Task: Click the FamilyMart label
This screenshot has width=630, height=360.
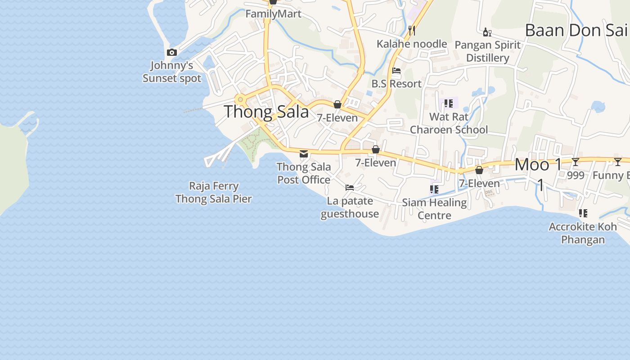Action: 273,14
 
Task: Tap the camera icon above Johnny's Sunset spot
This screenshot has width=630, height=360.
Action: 171,53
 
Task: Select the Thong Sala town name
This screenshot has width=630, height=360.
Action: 266,112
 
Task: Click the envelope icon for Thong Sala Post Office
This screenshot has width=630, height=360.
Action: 304,154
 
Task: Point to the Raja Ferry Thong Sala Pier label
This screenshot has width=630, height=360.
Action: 214,192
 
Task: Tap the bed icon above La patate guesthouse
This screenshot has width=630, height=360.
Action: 350,188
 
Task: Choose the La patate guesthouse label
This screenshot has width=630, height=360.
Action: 350,207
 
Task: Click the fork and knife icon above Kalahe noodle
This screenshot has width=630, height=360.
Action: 411,31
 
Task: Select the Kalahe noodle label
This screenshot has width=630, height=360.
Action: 412,44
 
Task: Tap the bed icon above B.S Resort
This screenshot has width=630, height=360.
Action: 396,71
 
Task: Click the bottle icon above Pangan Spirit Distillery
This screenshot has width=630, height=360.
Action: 487,32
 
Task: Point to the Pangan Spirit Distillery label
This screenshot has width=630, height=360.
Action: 488,51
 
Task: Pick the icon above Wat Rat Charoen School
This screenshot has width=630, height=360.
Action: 448,103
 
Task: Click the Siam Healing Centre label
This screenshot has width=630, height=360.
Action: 434,209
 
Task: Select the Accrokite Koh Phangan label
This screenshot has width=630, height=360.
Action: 583,233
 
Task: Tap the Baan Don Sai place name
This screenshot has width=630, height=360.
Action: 576,31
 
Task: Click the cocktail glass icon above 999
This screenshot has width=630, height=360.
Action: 576,162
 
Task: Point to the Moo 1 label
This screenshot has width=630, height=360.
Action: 539,165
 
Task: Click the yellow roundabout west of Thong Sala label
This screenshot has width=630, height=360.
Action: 241,99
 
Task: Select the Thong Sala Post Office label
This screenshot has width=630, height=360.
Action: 304,173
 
